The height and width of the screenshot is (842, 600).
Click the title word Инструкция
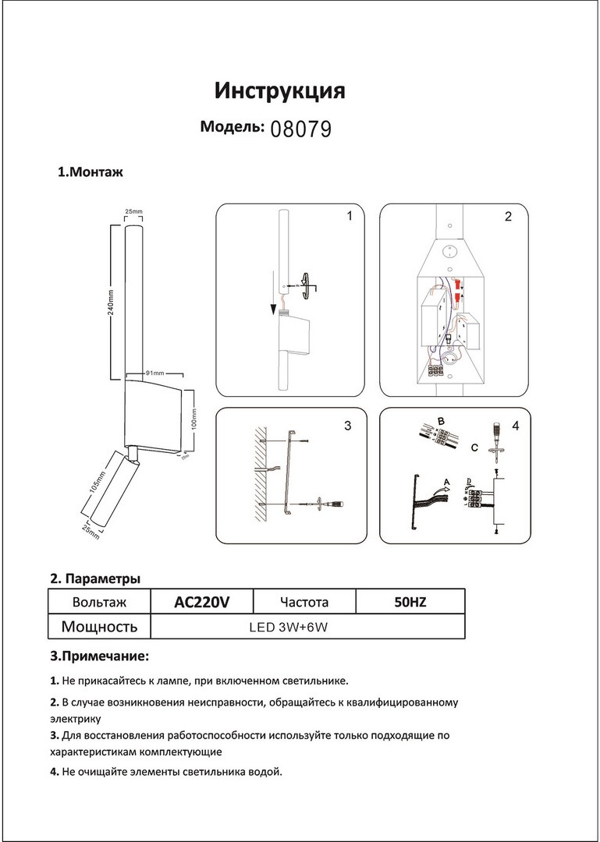pos(279,91)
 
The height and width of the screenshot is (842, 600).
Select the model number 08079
pos(300,129)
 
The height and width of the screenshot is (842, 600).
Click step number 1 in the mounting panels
pos(350,216)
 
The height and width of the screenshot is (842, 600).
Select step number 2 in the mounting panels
pos(508,217)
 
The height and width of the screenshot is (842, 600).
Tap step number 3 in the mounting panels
pos(347,426)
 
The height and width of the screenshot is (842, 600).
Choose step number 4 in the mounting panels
pos(515,426)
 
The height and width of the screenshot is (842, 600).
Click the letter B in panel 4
pos(441,422)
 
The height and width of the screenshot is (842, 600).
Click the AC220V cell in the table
pos(201,602)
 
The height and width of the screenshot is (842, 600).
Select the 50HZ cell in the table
pos(410,602)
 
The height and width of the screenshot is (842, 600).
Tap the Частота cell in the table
pos(304,602)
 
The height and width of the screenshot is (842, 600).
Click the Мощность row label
pos(99,626)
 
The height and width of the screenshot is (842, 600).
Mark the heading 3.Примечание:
pos(99,656)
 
